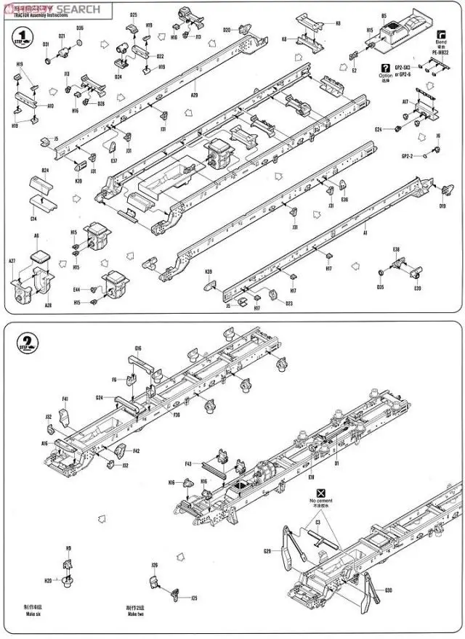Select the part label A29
(194, 94)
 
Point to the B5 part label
(384, 15)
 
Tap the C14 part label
(34, 218)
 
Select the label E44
(76, 290)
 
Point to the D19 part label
(442, 205)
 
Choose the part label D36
(80, 28)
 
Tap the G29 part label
(267, 552)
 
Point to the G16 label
(138, 349)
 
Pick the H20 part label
(48, 581)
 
